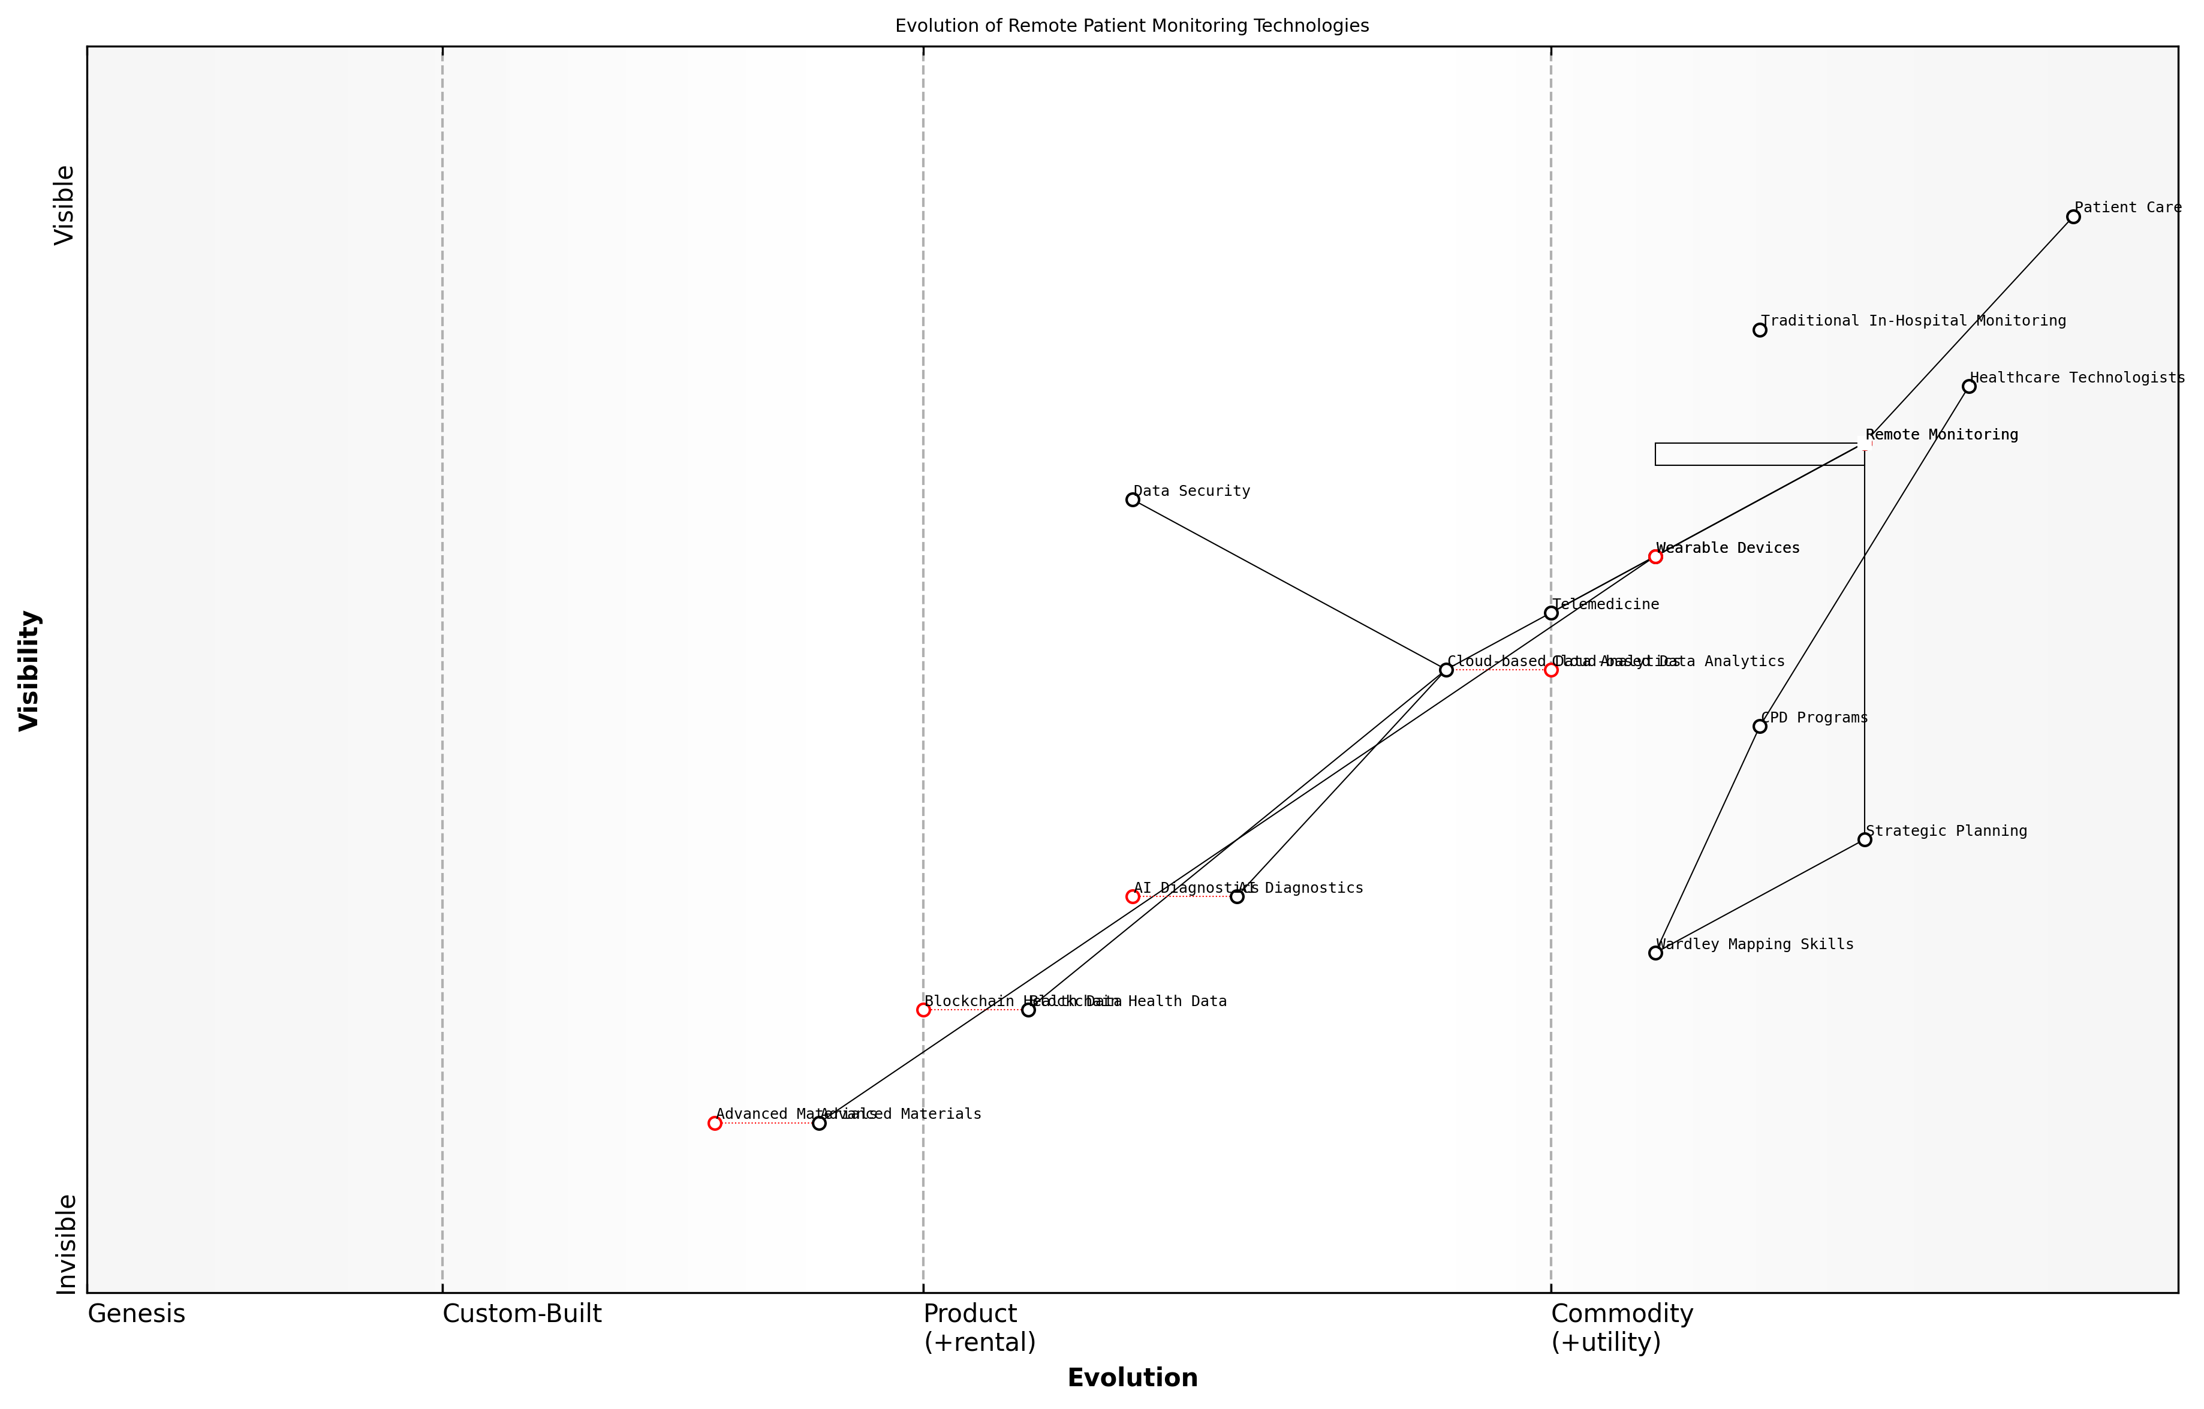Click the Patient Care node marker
pos(2073,217)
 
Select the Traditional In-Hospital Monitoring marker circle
pos(1759,330)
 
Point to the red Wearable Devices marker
pos(1655,556)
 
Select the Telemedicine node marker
pos(1550,613)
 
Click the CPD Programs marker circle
pos(1759,726)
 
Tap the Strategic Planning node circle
pos(1865,839)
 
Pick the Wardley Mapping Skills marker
pos(1655,953)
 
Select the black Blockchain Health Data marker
pos(1028,1010)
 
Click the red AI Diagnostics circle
pos(1132,896)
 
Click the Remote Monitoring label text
pos(1941,435)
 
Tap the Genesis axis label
pos(136,1314)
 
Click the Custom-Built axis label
pos(522,1314)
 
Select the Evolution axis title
pos(1132,1378)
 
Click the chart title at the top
pos(1131,26)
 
